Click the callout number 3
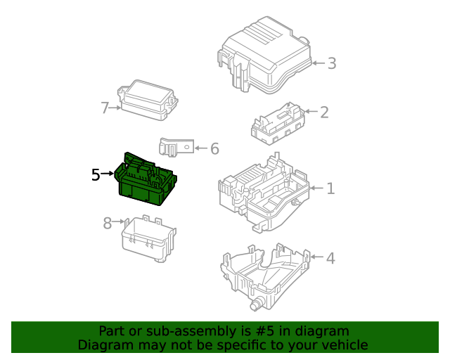click(332, 63)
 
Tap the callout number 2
click(324, 112)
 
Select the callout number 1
click(330, 188)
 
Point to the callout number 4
click(330, 258)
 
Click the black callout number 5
click(96, 174)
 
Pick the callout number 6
click(214, 148)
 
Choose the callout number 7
click(105, 108)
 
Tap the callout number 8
click(108, 223)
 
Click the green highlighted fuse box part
click(146, 180)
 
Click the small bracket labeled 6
click(176, 147)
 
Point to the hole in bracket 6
click(186, 147)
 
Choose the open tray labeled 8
click(148, 239)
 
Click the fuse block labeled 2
click(278, 124)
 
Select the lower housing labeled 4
click(266, 277)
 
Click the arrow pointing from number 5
click(108, 174)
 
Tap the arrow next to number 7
click(115, 108)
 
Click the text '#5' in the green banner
click(264, 331)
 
